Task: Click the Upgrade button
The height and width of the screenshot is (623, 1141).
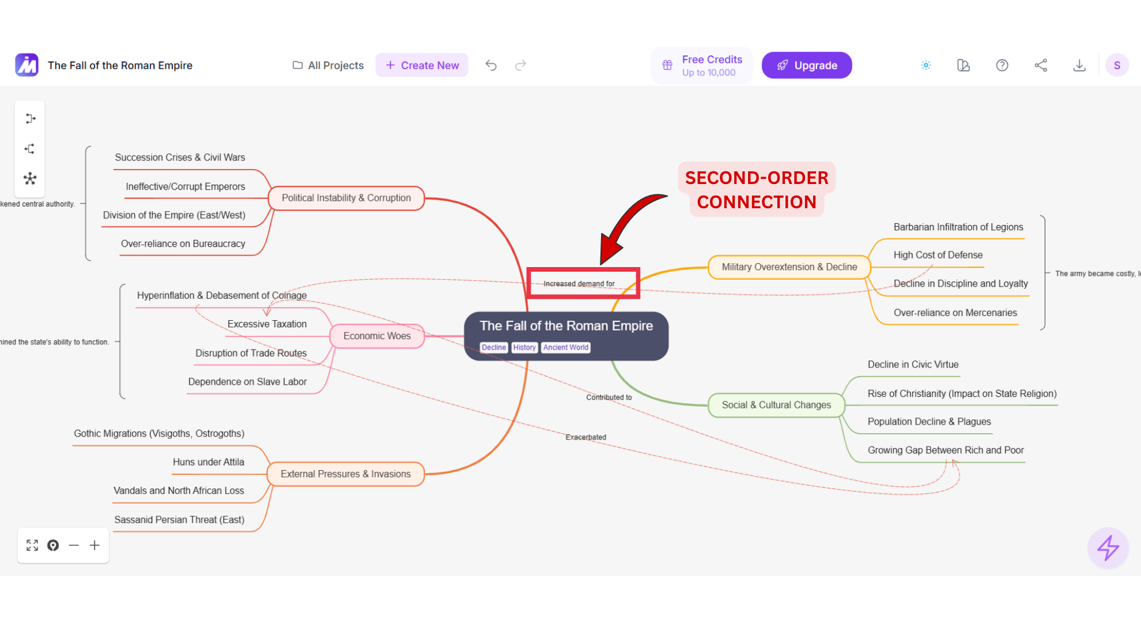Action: (x=806, y=65)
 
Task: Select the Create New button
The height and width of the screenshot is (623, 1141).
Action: (x=422, y=65)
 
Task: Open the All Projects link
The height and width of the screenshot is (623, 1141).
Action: (x=328, y=65)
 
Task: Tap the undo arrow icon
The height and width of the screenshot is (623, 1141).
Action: (x=491, y=65)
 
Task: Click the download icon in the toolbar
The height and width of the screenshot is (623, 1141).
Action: (x=1079, y=65)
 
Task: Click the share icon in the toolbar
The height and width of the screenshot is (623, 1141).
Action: (x=1040, y=65)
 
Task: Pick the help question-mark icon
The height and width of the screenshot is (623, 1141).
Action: (x=1002, y=65)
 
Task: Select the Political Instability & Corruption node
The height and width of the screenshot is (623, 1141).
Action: (x=346, y=198)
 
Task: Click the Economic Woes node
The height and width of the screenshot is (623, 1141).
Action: (x=377, y=336)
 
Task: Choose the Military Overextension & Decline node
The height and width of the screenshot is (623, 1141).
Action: (x=789, y=267)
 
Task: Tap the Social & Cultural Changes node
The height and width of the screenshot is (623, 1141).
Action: (x=776, y=405)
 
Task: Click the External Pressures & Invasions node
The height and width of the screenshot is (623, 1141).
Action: (x=346, y=474)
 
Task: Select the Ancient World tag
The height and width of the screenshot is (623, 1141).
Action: (x=565, y=347)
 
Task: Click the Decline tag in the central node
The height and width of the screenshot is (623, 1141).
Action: (x=494, y=347)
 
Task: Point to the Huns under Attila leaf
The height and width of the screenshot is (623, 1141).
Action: (x=209, y=462)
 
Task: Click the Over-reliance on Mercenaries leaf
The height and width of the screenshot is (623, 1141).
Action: (x=955, y=313)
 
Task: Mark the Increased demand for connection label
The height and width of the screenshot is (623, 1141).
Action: (x=579, y=284)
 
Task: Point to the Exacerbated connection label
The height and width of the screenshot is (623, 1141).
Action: (x=585, y=437)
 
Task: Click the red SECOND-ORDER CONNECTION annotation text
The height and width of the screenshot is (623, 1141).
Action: (x=757, y=190)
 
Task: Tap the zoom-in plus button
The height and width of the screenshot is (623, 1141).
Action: (x=95, y=545)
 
